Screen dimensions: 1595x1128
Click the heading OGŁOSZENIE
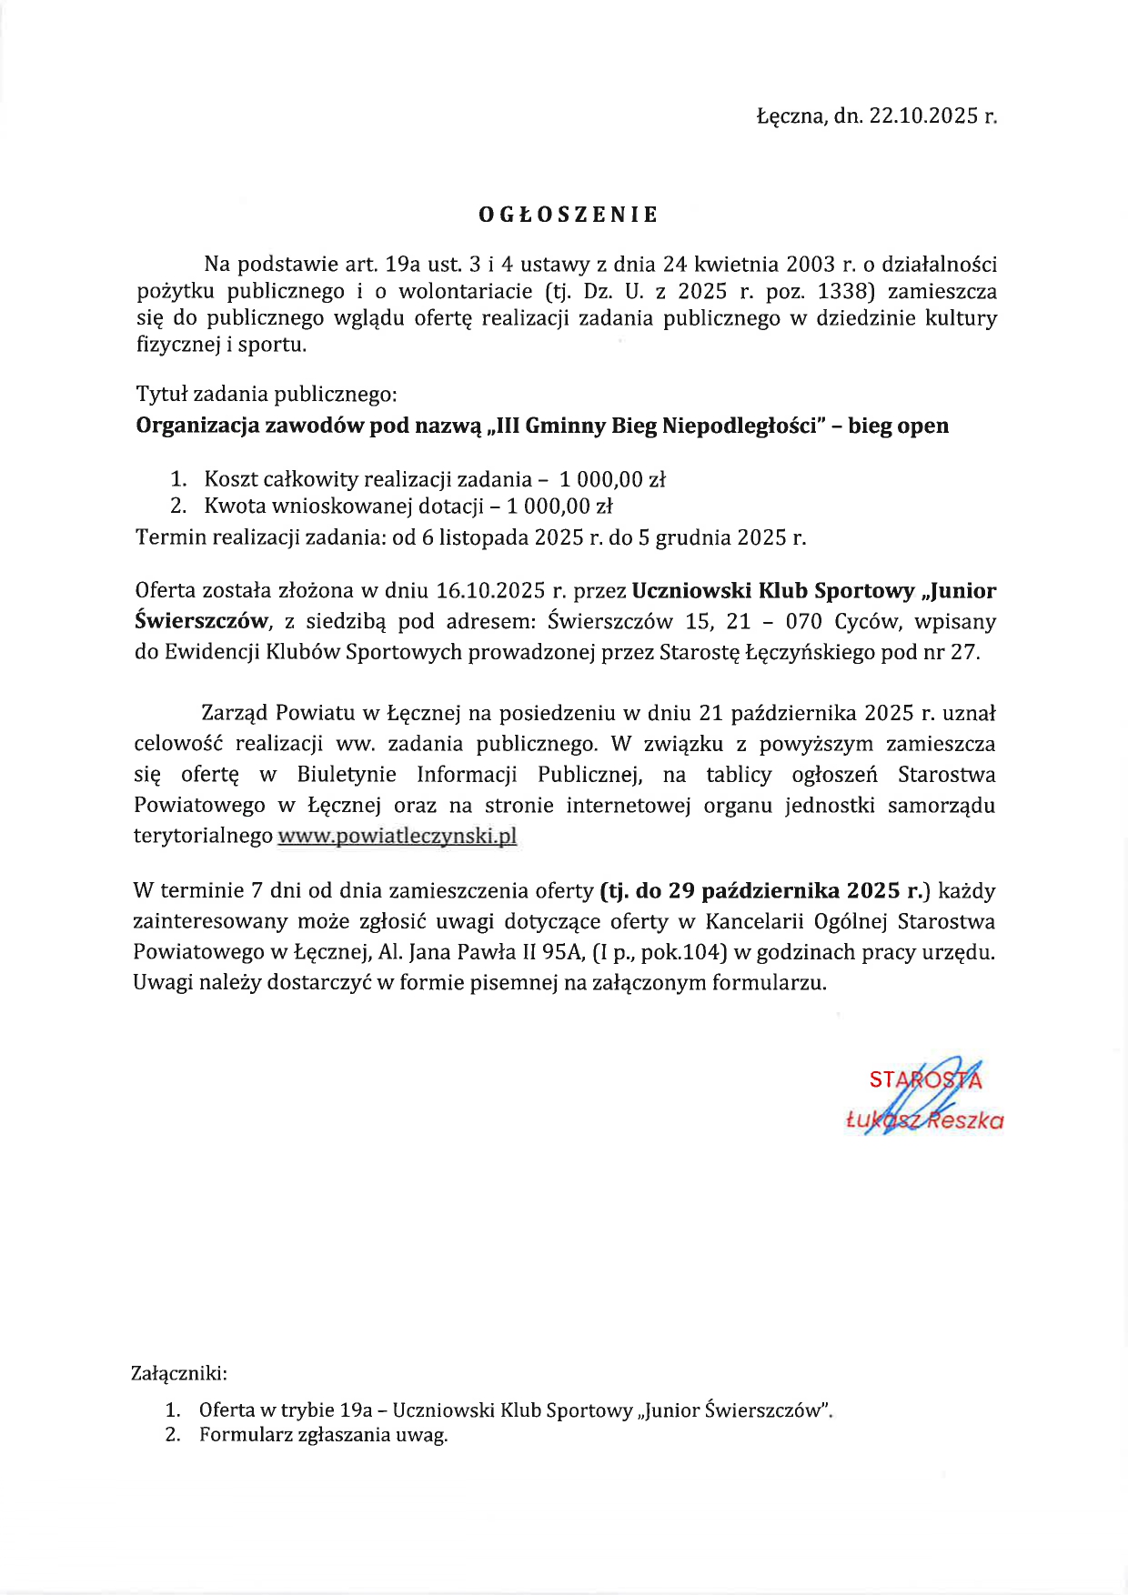coord(568,216)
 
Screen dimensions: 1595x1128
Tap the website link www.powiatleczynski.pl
coord(397,836)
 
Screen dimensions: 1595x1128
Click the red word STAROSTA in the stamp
coord(924,1080)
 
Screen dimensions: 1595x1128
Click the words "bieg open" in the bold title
coord(898,426)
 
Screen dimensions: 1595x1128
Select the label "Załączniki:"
coord(179,1373)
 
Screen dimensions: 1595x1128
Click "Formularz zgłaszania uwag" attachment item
coord(323,1436)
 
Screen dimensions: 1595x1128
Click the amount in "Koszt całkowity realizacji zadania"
coord(612,479)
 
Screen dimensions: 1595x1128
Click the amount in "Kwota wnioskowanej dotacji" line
coord(559,506)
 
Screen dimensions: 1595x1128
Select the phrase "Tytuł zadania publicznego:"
coord(267,395)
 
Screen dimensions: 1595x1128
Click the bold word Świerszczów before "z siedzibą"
coord(201,622)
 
